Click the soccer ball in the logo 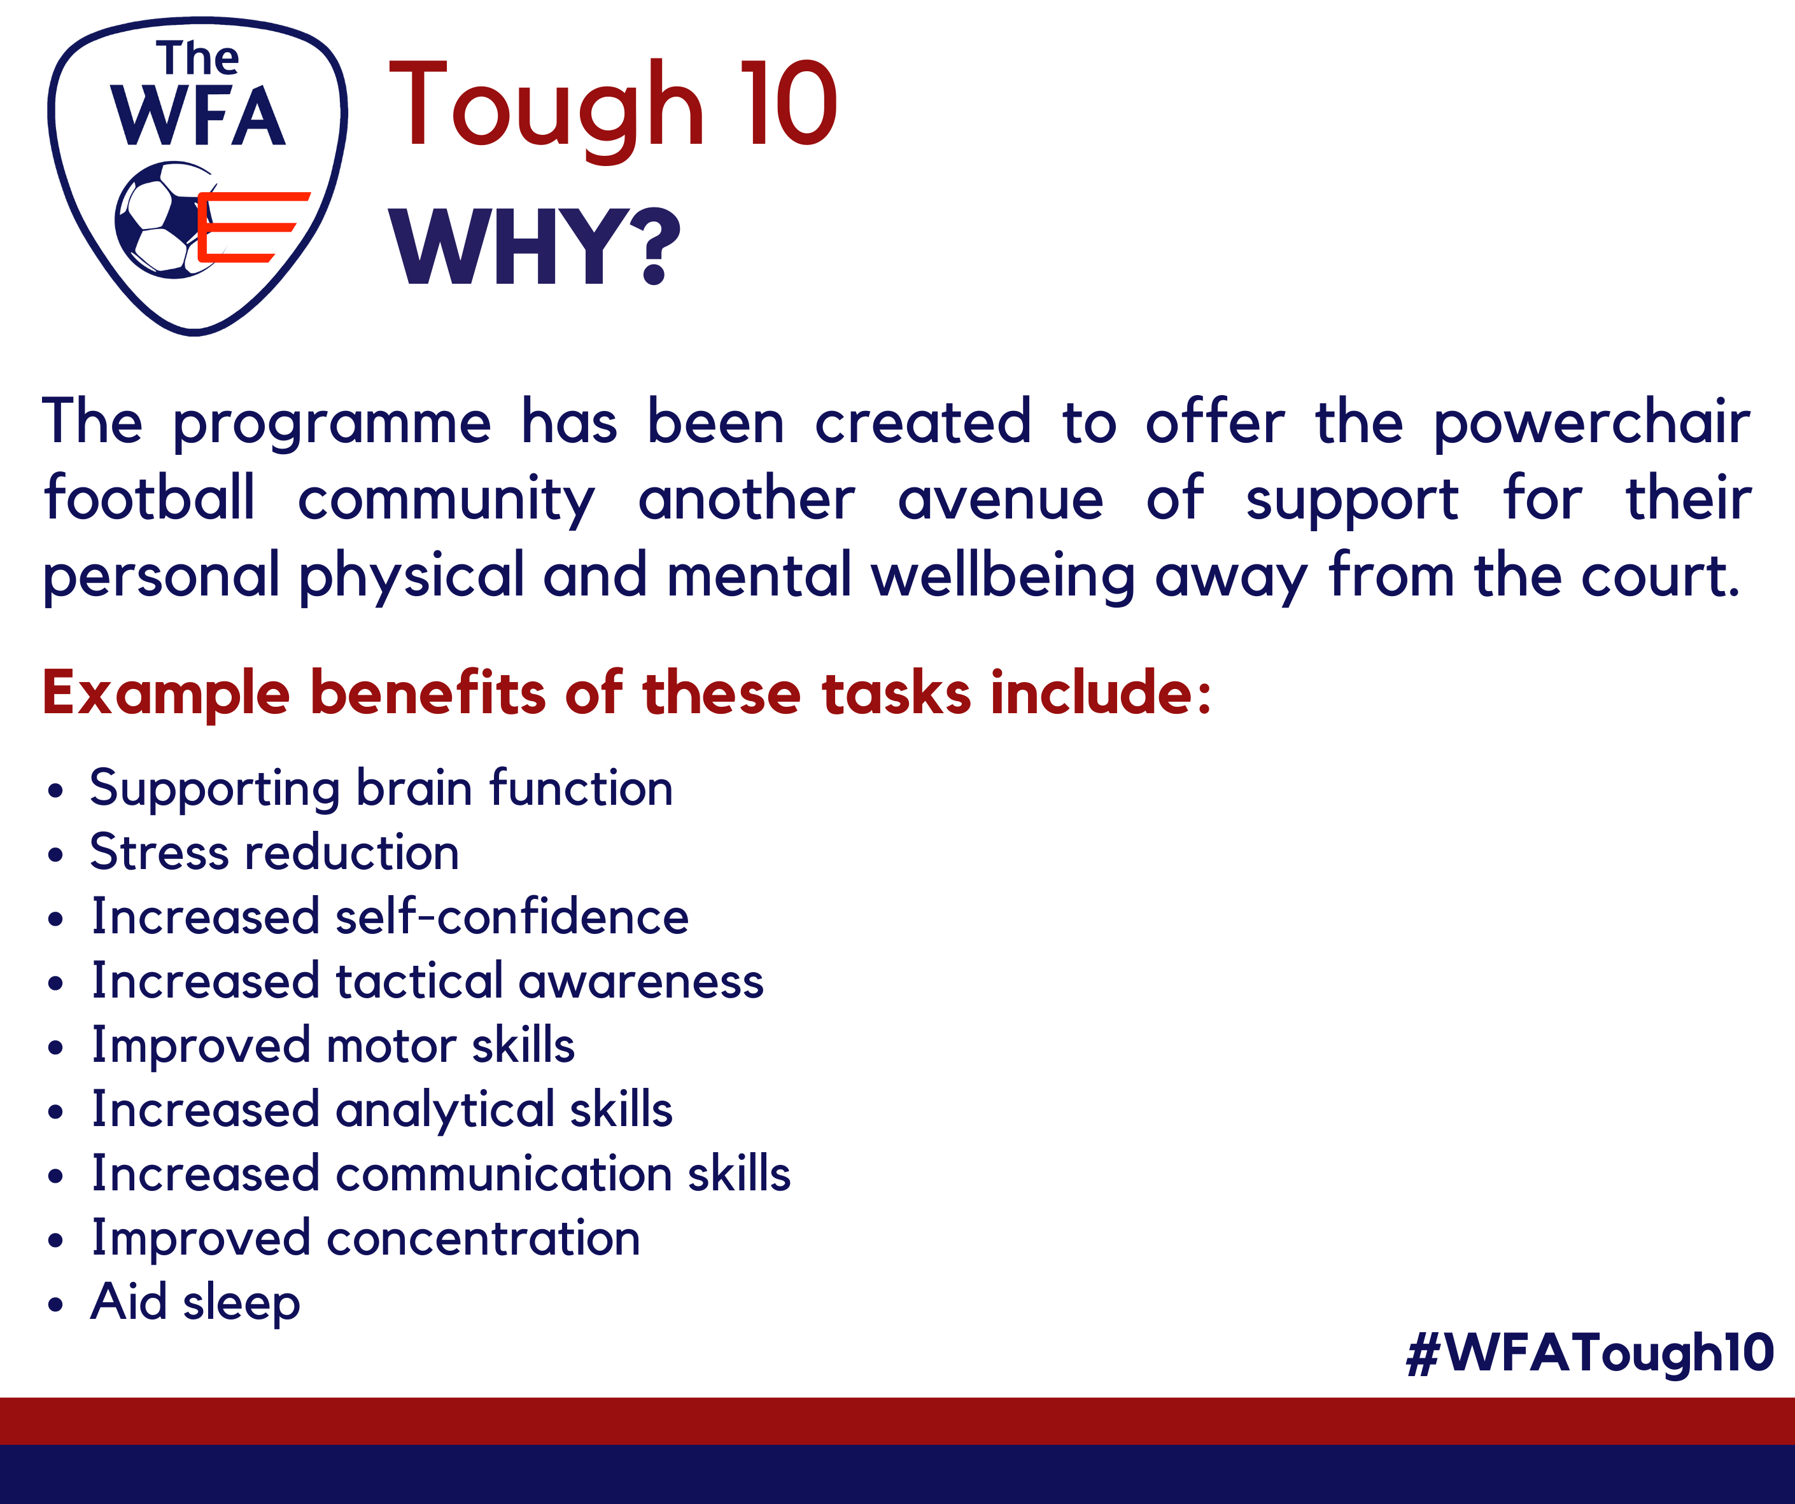(167, 219)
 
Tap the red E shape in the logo (253, 227)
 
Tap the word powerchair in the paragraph (1591, 424)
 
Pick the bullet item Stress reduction (274, 852)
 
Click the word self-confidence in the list (512, 916)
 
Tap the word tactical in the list (419, 981)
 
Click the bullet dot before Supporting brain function (55, 790)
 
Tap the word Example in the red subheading (167, 694)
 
